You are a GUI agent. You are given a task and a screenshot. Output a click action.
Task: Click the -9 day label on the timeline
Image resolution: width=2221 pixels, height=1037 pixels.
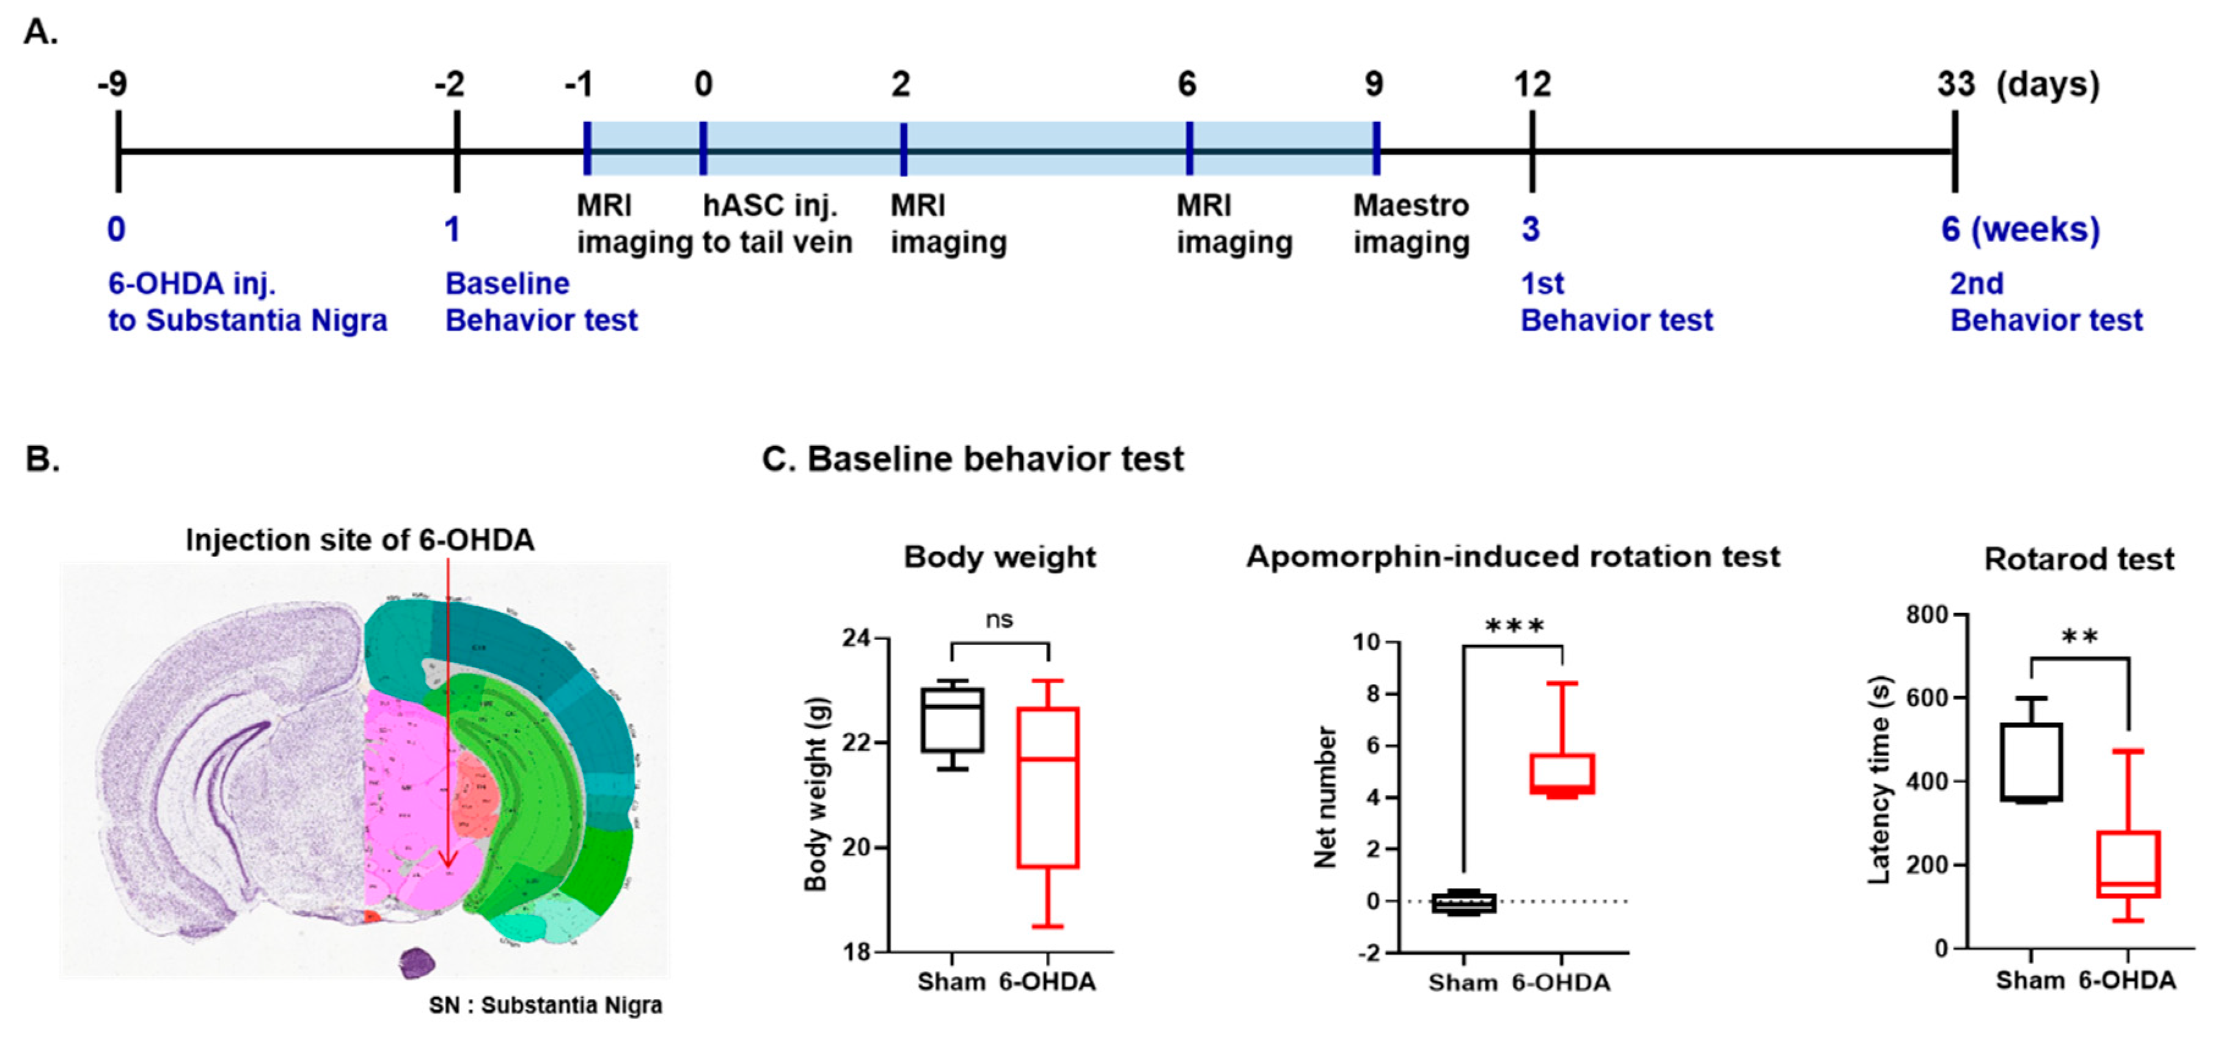point(113,84)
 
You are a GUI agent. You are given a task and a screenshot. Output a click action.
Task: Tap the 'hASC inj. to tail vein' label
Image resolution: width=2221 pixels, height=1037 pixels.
point(777,224)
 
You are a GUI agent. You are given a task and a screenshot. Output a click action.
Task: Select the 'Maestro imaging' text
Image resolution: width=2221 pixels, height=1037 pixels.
point(1411,224)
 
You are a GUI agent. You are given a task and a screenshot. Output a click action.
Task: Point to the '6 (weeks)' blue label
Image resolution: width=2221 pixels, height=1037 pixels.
point(2020,229)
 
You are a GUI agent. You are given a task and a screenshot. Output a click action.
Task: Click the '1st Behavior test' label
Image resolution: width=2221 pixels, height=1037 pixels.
point(1615,302)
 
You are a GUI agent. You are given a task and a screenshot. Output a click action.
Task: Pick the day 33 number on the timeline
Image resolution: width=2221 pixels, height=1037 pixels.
point(1955,84)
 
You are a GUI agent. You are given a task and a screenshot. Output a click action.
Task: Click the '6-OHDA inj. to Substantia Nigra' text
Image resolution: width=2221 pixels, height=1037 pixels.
point(247,302)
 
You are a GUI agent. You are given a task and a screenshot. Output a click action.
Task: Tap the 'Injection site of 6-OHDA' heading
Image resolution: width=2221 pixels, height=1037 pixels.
point(359,540)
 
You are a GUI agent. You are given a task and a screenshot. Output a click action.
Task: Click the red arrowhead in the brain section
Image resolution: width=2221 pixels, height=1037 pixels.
point(447,861)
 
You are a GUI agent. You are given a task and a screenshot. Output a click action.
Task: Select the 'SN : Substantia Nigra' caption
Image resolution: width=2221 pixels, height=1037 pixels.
point(546,1005)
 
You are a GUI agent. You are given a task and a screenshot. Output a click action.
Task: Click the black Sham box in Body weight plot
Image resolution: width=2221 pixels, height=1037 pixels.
point(952,721)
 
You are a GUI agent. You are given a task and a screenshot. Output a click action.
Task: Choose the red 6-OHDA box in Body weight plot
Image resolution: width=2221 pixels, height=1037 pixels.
point(1047,788)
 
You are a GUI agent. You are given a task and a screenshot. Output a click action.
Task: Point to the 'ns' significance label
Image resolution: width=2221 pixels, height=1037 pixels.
point(999,620)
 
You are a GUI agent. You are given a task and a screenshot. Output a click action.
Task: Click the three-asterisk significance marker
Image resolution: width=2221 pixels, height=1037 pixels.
point(1514,626)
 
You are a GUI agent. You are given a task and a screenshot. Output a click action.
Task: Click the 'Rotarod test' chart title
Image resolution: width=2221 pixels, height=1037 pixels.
point(2079,559)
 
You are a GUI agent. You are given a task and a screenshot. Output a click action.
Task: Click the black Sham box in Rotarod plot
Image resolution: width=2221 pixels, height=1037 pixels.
point(2032,763)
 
